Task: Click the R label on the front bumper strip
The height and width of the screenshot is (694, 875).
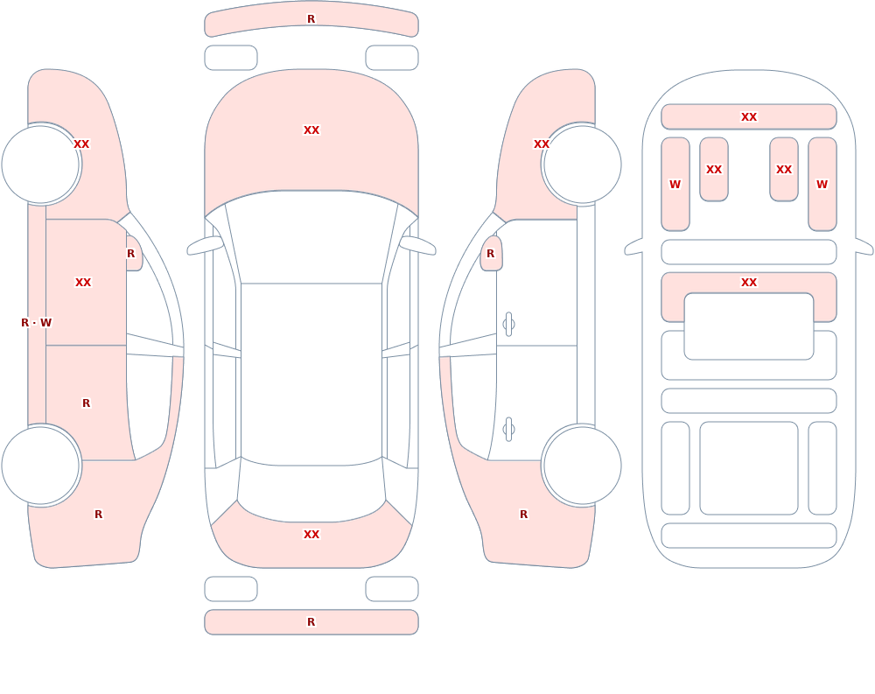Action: coord(311,19)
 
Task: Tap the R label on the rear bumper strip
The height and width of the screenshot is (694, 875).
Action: coord(311,622)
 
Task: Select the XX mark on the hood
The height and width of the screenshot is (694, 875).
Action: coord(311,130)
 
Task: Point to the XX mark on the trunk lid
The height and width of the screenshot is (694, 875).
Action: coord(311,535)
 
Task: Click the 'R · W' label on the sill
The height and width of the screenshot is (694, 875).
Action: coord(36,323)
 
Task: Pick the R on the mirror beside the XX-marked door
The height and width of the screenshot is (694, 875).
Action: coord(130,254)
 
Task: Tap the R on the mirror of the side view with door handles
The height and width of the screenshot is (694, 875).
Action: coord(491,254)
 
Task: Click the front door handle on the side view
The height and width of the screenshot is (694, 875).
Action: coord(508,325)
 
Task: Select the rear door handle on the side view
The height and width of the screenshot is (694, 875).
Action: coord(508,430)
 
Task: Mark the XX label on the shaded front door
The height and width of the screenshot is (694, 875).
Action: coord(83,283)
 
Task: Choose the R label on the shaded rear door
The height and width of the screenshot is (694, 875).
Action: coord(86,403)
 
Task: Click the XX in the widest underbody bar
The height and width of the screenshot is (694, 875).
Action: coord(749,116)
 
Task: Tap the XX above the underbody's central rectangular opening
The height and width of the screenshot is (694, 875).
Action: coord(749,283)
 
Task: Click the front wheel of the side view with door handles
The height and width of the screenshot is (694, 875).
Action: coord(583,165)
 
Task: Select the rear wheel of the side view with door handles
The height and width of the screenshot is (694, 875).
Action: coord(583,466)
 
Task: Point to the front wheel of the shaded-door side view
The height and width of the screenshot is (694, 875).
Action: coord(40,165)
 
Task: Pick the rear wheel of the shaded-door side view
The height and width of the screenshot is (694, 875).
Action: coord(40,466)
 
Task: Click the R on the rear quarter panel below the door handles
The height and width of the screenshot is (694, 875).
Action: coord(523,515)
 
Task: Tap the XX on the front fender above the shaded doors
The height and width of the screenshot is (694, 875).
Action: coord(81,144)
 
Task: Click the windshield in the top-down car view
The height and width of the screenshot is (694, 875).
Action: coord(311,237)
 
